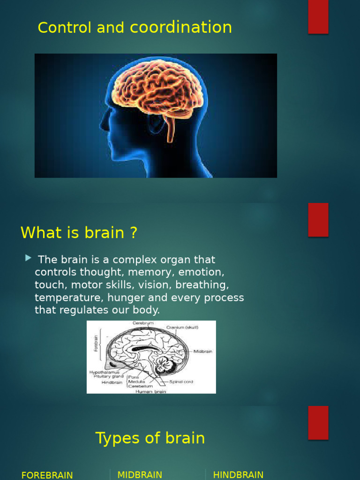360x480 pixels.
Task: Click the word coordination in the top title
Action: (x=181, y=28)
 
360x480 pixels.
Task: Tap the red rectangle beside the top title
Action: (x=318, y=17)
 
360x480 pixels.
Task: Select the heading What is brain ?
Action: (x=79, y=232)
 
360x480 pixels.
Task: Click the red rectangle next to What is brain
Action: (x=318, y=220)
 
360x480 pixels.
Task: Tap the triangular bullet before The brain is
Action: (x=29, y=258)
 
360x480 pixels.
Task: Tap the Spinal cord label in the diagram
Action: (x=181, y=382)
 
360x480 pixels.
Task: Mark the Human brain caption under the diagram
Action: (x=151, y=390)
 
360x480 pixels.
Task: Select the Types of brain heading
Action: (x=150, y=438)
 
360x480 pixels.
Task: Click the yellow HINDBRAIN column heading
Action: (x=238, y=475)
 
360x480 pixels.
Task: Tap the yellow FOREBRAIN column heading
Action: (x=47, y=475)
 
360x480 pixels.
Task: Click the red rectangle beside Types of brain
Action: (x=318, y=422)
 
